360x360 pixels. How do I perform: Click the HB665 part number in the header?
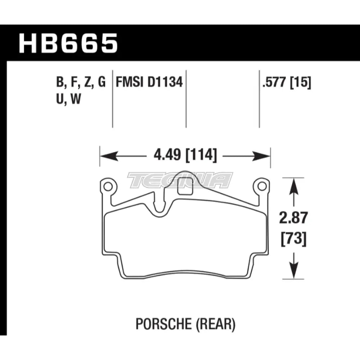(x=68, y=43)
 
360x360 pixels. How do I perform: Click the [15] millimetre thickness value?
(x=301, y=83)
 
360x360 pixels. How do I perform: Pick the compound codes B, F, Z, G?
(x=81, y=83)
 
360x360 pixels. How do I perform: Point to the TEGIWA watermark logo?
(x=180, y=180)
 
